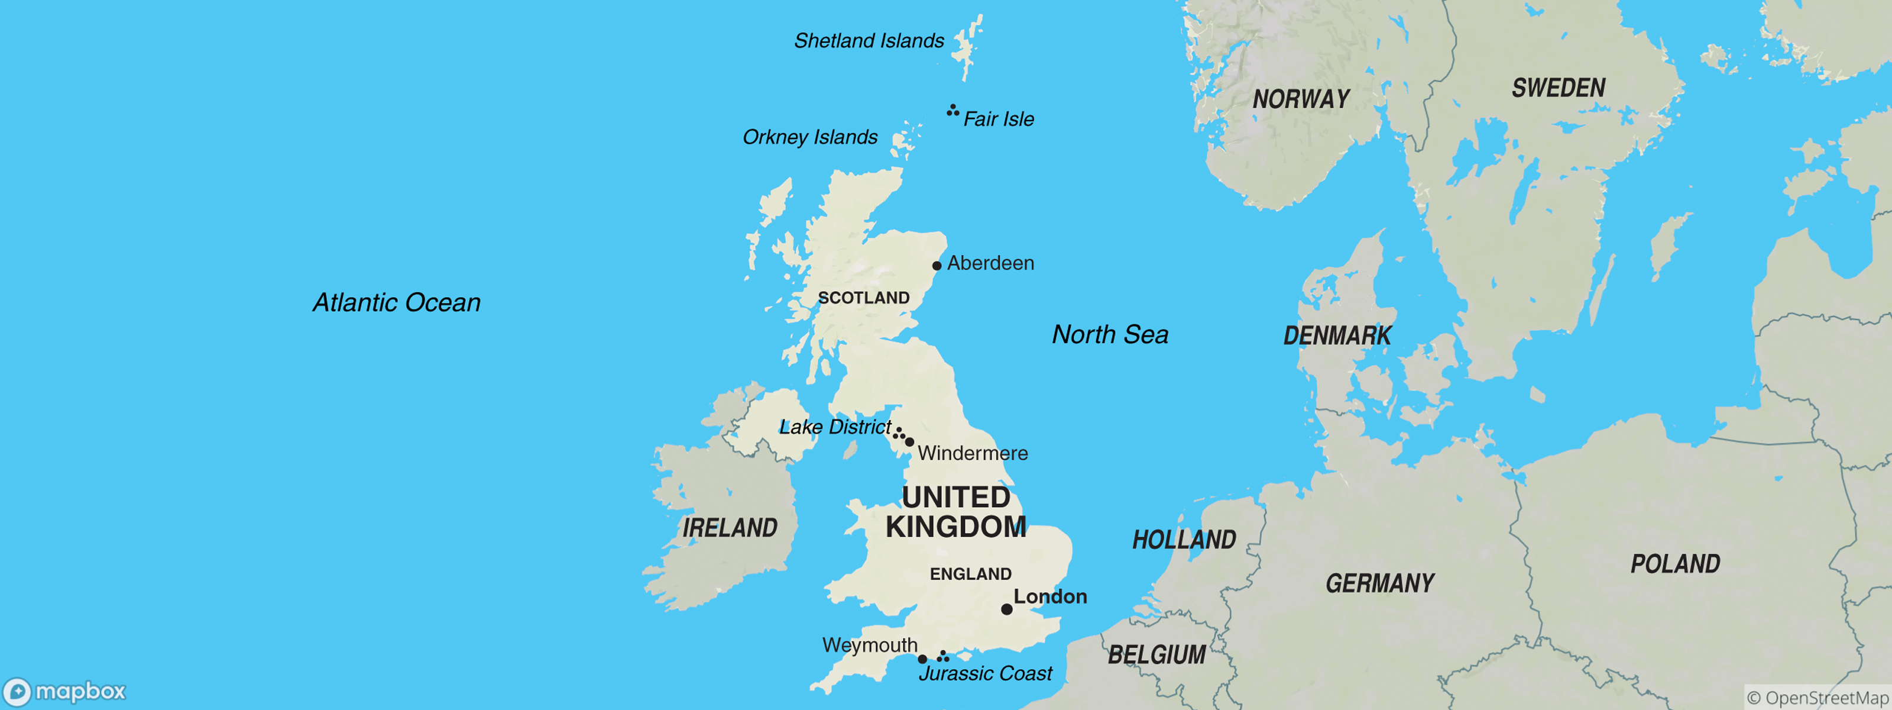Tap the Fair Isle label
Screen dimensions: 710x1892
pos(998,119)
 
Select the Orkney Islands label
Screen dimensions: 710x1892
pos(809,137)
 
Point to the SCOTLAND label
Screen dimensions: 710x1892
pos(864,298)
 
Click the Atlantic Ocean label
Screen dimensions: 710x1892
pos(397,302)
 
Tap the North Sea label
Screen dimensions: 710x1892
pos(1110,334)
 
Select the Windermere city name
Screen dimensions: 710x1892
pos(973,453)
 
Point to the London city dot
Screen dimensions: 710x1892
pos(1006,609)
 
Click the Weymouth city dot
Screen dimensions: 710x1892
pos(922,659)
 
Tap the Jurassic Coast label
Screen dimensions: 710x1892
pos(985,673)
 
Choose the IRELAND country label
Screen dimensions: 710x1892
pos(730,528)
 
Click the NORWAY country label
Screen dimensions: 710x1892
pos(1301,99)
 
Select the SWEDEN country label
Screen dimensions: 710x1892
pos(1558,88)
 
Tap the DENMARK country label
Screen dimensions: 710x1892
pos(1337,336)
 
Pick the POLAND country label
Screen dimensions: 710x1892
pos(1676,564)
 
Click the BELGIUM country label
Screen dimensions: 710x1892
pos(1156,654)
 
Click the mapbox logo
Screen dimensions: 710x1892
pos(64,692)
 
